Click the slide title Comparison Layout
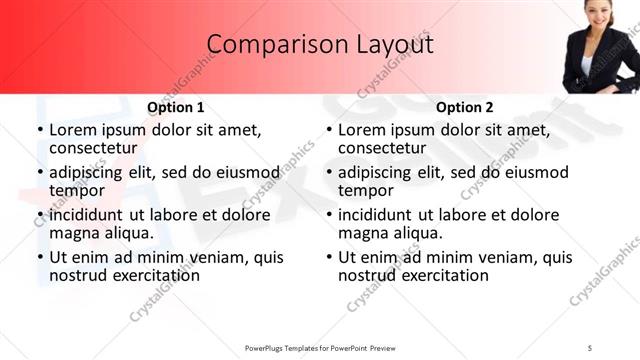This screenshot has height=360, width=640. pos(320,45)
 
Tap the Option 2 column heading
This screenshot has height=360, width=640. pos(464,107)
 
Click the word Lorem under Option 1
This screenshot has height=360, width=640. pos(74,130)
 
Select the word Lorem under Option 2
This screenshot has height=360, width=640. pos(363,130)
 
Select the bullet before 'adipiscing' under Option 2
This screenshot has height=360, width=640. pos(328,173)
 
